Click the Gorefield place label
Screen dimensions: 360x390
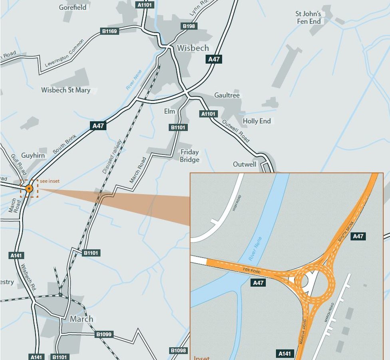[72, 7]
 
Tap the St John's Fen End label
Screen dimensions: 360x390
[308, 18]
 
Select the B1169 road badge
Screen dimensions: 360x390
[110, 31]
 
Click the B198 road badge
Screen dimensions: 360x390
[189, 26]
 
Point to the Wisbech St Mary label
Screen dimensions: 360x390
[66, 90]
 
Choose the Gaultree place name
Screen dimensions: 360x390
[227, 95]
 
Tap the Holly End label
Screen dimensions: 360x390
[257, 121]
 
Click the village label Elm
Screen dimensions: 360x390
[169, 111]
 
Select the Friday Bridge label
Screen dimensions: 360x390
[189, 156]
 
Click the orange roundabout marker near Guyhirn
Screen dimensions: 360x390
[29, 188]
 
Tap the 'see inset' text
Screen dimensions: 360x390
[50, 181]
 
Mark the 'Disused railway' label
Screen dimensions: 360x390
[112, 156]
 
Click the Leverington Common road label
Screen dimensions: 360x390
[64, 52]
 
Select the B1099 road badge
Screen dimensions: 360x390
[104, 334]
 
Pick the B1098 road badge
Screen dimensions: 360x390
[178, 351]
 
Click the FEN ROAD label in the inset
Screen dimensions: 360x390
[252, 271]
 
